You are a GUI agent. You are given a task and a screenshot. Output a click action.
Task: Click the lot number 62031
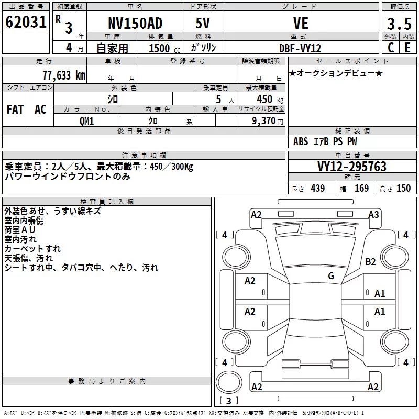[x=26, y=22]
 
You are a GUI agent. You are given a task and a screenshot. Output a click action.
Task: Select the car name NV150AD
[x=135, y=23]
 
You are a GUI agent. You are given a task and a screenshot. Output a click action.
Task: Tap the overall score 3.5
[x=399, y=24]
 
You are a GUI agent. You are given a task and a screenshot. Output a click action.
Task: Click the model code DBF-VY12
[x=300, y=48]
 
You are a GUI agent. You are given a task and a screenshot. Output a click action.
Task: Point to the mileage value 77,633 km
[x=64, y=75]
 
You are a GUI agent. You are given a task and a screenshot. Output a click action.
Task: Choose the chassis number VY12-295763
[x=352, y=166]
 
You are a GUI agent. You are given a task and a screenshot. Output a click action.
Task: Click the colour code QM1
[x=87, y=121]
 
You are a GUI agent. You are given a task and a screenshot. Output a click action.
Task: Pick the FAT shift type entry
[x=15, y=109]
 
